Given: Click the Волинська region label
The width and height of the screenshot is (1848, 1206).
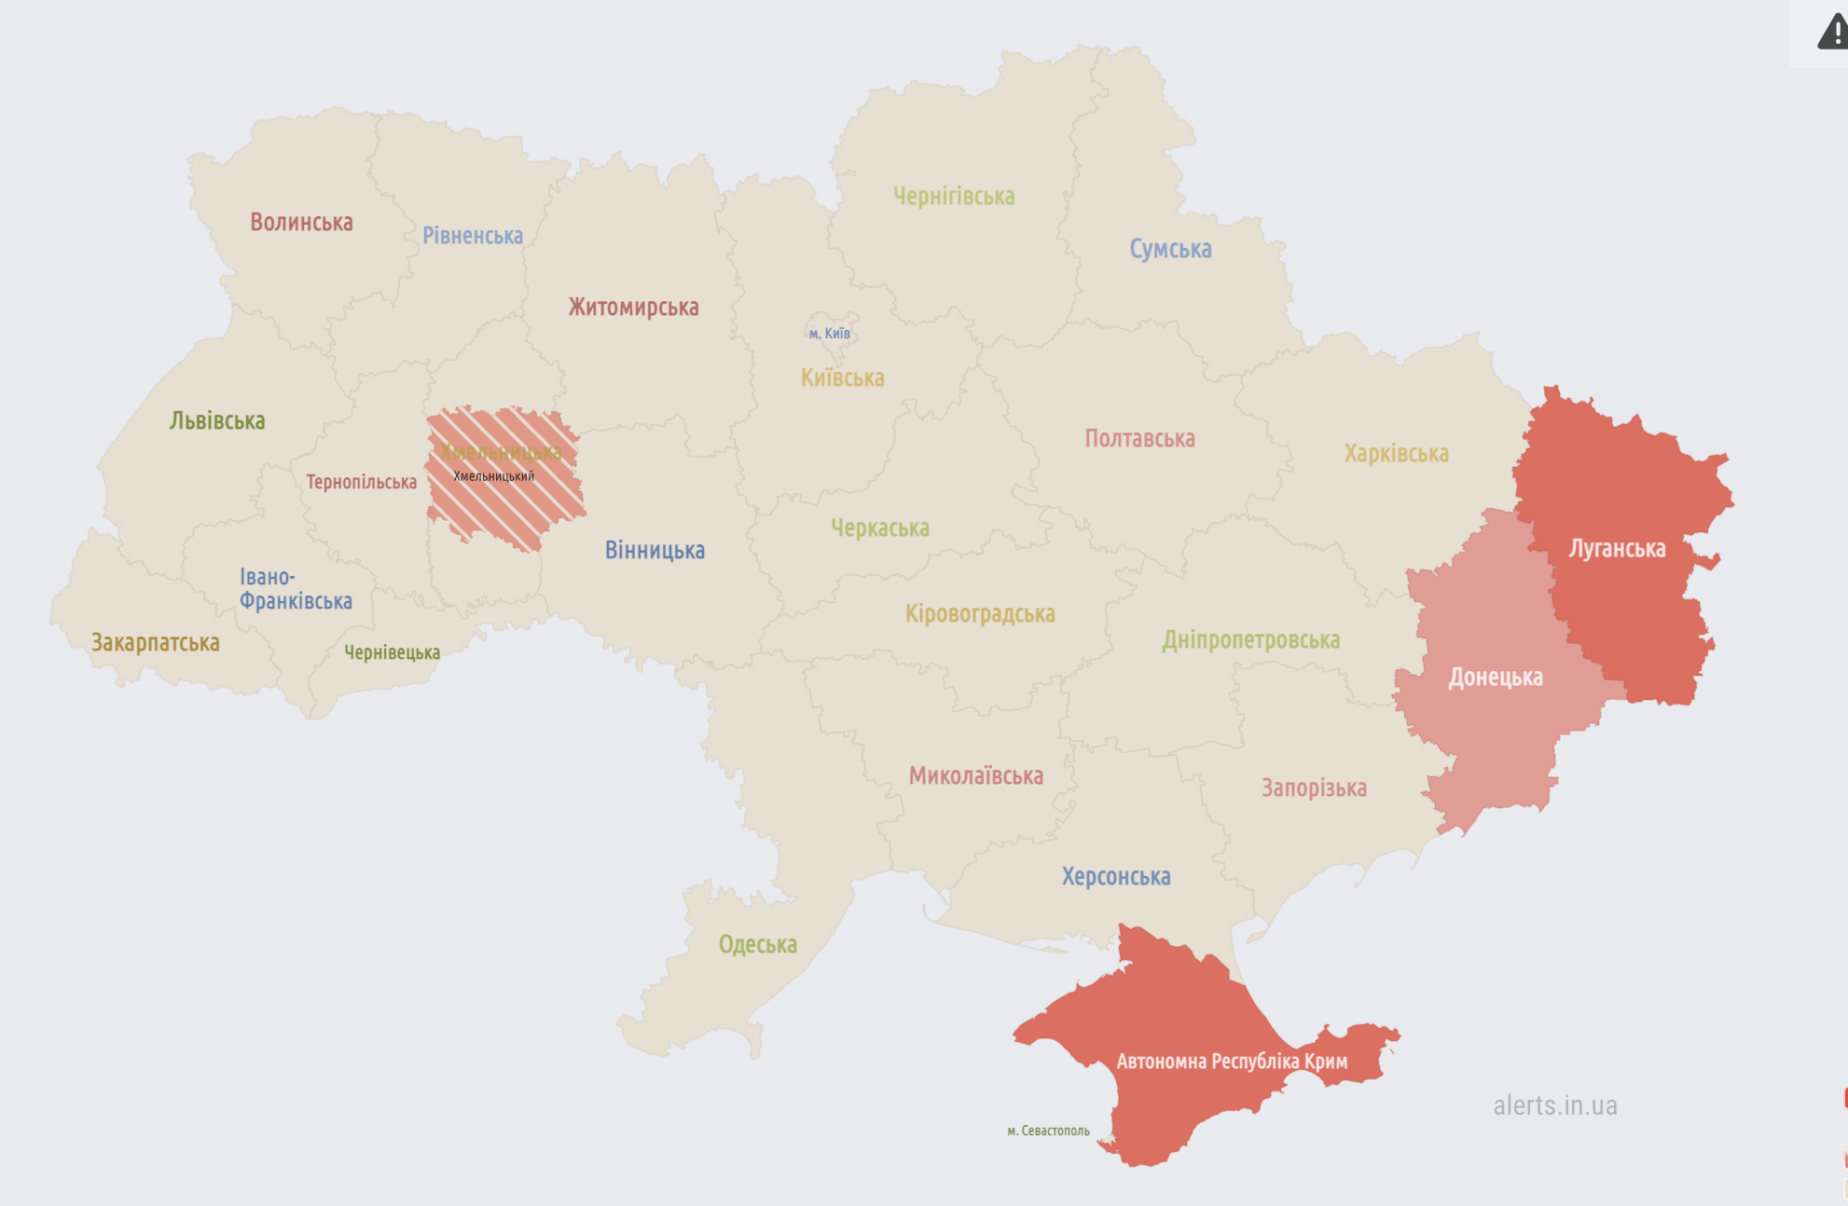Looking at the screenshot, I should pos(301,222).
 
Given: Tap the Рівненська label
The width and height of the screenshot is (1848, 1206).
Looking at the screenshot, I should pos(473,235).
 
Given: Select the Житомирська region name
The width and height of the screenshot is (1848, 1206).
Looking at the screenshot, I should pos(633,307).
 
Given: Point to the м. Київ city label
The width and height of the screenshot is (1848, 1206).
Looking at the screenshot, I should pos(829,334).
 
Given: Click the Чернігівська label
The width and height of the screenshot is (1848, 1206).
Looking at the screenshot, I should pos(954,196).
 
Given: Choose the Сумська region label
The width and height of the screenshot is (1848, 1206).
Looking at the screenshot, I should pos(1170,249).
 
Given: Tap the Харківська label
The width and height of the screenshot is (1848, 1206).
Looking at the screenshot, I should pos(1396,453).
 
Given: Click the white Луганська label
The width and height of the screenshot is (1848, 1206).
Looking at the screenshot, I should pos(1617,548).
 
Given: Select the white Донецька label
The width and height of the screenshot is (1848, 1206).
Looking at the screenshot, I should pos(1495,677).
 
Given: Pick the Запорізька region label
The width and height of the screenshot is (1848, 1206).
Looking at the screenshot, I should pos(1314,788).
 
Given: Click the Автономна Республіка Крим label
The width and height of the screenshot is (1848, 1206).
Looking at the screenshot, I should pos(1232,1061).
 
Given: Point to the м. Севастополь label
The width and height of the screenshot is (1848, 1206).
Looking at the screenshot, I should pos(1048,1131).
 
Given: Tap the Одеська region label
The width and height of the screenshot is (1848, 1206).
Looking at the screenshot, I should pos(757,944).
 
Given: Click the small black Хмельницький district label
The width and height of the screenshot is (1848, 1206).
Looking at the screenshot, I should pos(493,476).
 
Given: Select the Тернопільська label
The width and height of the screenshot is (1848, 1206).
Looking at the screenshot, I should pos(361,482).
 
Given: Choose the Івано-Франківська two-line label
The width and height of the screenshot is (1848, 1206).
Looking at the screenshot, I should pos(295,589).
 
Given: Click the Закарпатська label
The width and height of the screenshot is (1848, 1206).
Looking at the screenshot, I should pos(155,642).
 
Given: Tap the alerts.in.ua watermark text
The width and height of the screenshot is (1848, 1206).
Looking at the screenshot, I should pos(1554,1105).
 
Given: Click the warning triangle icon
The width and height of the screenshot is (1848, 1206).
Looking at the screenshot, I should pos(1832,31).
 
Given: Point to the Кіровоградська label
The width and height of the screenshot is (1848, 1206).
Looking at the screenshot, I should pos(980,613).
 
